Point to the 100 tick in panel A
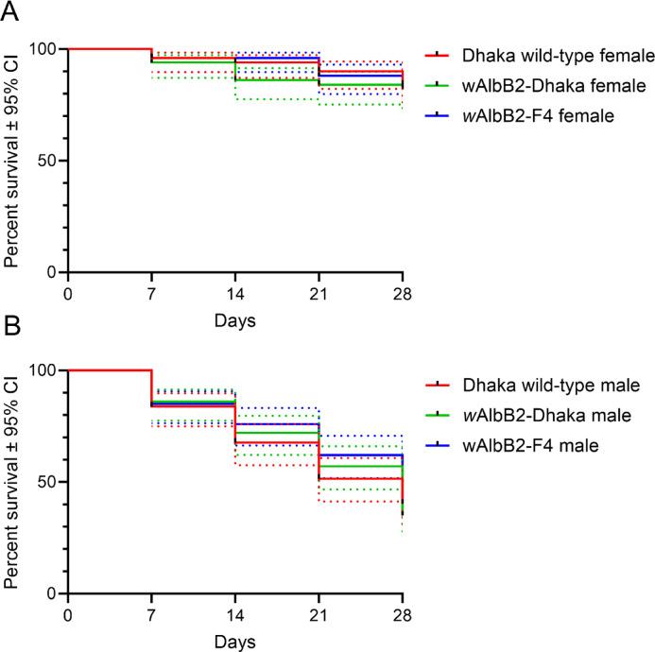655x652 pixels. click(x=43, y=49)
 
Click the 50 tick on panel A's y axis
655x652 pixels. click(x=48, y=161)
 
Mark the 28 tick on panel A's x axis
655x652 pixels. click(x=403, y=290)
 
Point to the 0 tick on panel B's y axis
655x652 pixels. click(x=53, y=593)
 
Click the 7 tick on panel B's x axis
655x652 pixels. click(x=151, y=611)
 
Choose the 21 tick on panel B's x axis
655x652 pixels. click(x=319, y=611)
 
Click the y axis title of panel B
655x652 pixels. click(x=13, y=482)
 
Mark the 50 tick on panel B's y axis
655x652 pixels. click(x=48, y=482)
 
